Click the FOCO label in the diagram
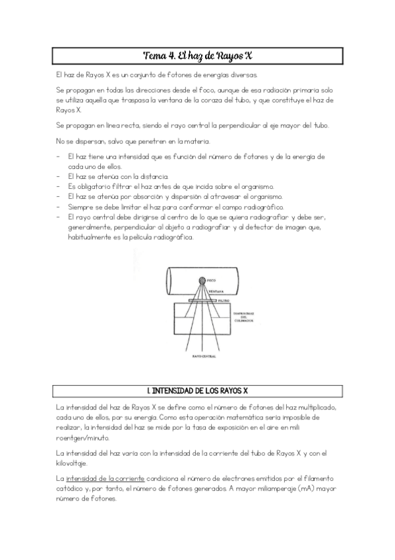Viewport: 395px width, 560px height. (x=211, y=281)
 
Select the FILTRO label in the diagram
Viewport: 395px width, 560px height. (x=223, y=300)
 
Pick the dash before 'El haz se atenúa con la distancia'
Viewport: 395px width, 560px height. (x=59, y=176)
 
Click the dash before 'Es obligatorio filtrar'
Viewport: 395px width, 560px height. (x=59, y=187)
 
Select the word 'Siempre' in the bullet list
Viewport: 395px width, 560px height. (x=81, y=207)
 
